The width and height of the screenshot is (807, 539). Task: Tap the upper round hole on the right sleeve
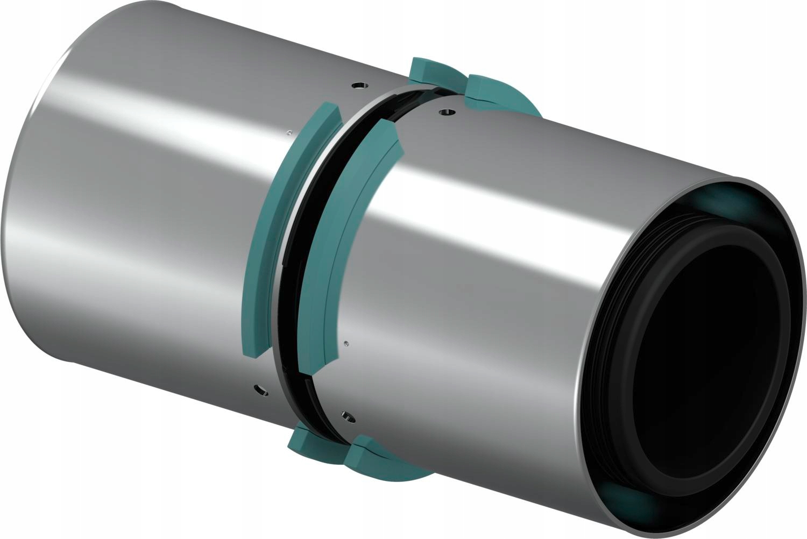(x=445, y=112)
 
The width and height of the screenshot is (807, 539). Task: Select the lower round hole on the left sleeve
(x=259, y=388)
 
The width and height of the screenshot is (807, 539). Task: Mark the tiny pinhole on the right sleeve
(x=346, y=343)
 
